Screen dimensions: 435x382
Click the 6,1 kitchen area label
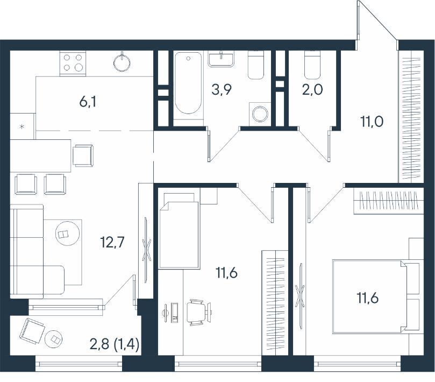pos(88,102)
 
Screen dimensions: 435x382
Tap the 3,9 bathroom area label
pos(222,89)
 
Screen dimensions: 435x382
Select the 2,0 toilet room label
pos(312,90)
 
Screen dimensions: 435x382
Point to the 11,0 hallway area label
pos(372,122)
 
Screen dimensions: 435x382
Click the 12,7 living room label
pos(112,242)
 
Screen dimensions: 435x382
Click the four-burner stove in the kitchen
pos(73,63)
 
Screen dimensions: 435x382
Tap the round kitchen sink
pos(122,62)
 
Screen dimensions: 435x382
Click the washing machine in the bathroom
pos(260,114)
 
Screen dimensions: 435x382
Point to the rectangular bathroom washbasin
pos(221,59)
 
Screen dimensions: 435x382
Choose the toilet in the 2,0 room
pos(312,65)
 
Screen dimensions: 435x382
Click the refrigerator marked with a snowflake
pos(23,126)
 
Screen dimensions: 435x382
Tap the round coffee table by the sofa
pos(67,233)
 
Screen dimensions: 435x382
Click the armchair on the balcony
pos(32,332)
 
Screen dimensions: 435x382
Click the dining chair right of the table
pos(83,155)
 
